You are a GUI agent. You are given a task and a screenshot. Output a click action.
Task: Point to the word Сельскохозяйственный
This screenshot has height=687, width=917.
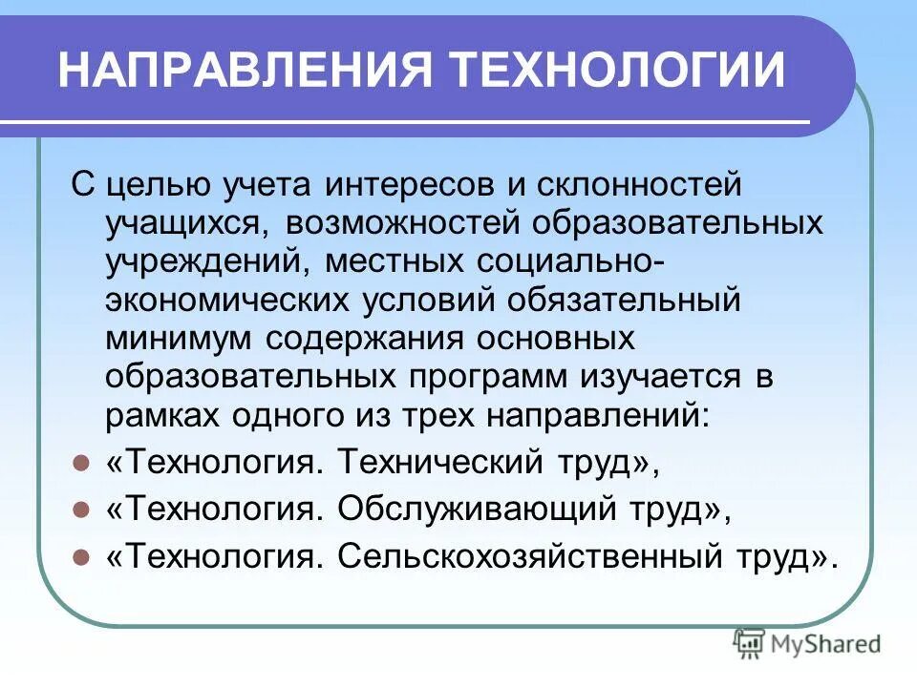coord(535,556)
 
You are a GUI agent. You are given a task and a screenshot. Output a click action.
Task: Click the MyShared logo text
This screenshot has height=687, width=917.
coord(826,644)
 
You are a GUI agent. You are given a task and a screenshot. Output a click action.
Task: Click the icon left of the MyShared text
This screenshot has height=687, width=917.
coord(750,643)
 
